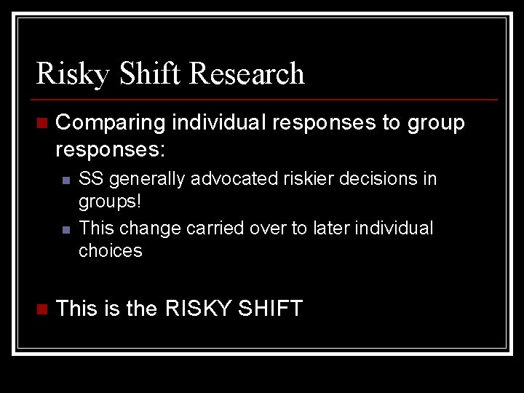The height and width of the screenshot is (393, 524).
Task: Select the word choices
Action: pos(111,251)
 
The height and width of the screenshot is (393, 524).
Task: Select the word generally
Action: pos(142,179)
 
